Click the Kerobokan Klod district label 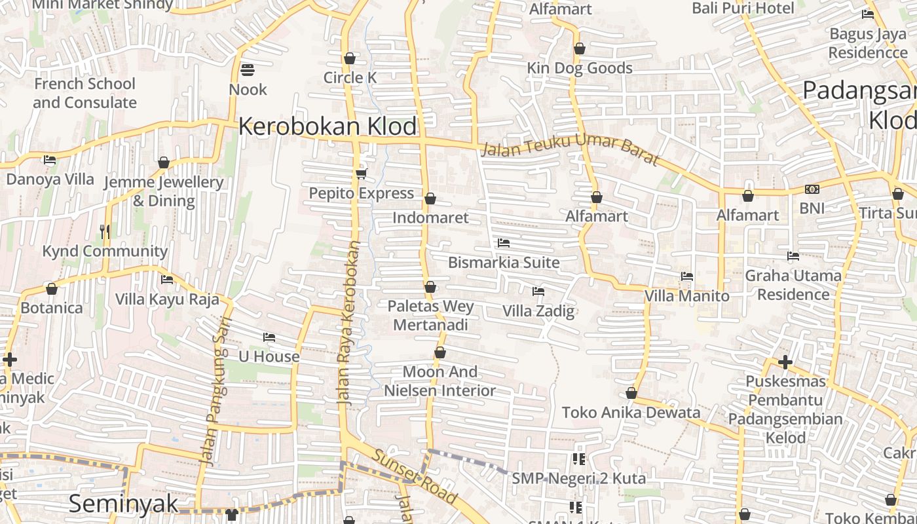(327, 126)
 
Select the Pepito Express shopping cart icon (361, 173)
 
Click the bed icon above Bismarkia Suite (504, 243)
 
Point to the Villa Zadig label (538, 310)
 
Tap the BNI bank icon (812, 189)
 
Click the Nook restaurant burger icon (248, 69)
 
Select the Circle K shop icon (350, 58)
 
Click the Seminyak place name (123, 504)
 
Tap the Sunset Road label (415, 476)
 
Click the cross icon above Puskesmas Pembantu (785, 362)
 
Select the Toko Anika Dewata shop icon (631, 393)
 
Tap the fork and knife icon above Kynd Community (104, 231)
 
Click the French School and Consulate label (84, 93)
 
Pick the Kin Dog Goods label (580, 68)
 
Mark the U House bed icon (269, 337)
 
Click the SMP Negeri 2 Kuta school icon (578, 459)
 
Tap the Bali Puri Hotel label (743, 9)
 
